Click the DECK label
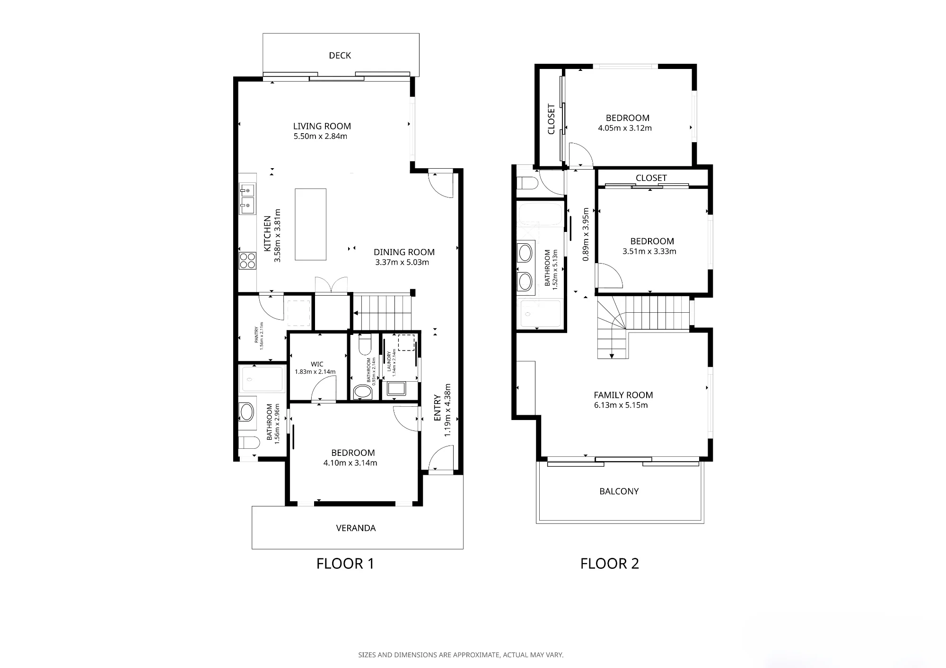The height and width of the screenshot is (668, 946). [340, 55]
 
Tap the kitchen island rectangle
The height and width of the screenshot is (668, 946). [310, 224]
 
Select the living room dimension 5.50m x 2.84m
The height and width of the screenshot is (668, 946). [320, 136]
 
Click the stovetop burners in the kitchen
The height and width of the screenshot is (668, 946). [247, 261]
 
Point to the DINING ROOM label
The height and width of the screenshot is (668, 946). [404, 252]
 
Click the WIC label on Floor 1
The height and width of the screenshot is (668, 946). [317, 364]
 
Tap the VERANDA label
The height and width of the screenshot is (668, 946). [356, 528]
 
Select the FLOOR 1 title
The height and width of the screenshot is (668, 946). [345, 564]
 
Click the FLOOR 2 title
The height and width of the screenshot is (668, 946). [610, 564]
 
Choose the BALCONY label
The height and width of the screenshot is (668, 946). [619, 491]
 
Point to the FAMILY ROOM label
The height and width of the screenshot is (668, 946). [623, 395]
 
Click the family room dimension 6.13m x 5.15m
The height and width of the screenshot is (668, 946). [621, 405]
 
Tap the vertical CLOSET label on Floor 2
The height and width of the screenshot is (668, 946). [551, 119]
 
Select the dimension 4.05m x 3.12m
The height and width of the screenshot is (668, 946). [625, 128]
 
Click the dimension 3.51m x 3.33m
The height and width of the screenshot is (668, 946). [649, 251]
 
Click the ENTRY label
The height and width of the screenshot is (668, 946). [438, 408]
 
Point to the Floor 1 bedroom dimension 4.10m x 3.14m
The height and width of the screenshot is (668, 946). [350, 463]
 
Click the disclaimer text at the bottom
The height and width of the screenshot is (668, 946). [461, 655]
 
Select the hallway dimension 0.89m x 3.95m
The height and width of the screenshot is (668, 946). [586, 234]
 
